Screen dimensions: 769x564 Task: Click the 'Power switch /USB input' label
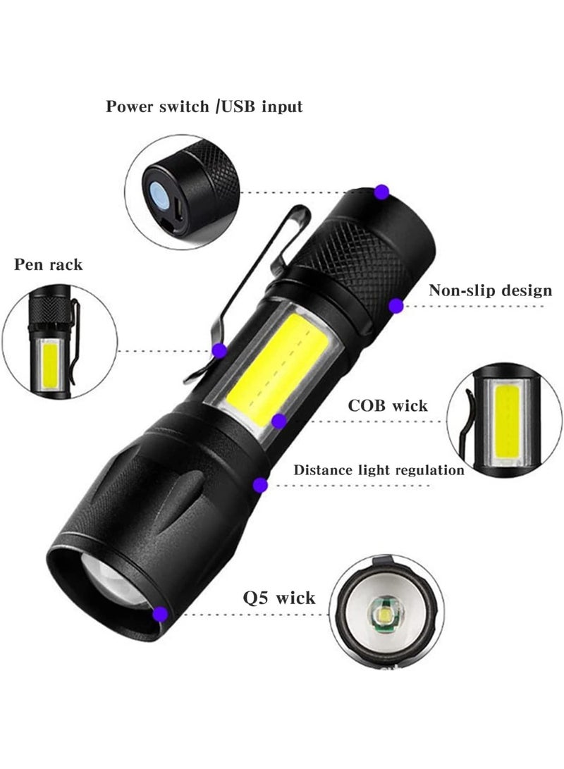tap(204, 107)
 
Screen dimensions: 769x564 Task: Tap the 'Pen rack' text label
tap(48, 265)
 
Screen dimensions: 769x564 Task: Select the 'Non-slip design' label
tap(491, 290)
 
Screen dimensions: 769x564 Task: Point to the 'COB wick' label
tap(388, 405)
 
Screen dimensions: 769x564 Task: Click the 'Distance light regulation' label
tap(379, 469)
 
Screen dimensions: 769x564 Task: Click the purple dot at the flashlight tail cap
tap(381, 191)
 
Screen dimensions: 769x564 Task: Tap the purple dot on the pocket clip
tap(220, 349)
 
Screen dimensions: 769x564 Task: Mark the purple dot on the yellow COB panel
tap(278, 422)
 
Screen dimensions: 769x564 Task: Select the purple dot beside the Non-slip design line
tap(396, 305)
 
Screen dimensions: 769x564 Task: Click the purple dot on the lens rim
tap(161, 614)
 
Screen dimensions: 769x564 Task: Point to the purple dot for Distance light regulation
tap(260, 484)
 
